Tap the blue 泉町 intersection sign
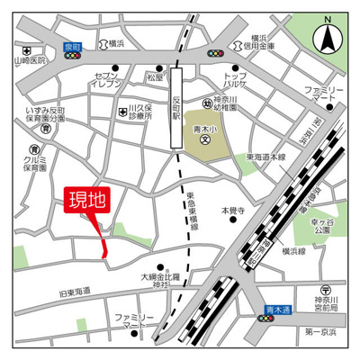point(70,42)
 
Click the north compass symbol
point(326,39)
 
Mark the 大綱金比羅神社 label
point(160,286)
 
